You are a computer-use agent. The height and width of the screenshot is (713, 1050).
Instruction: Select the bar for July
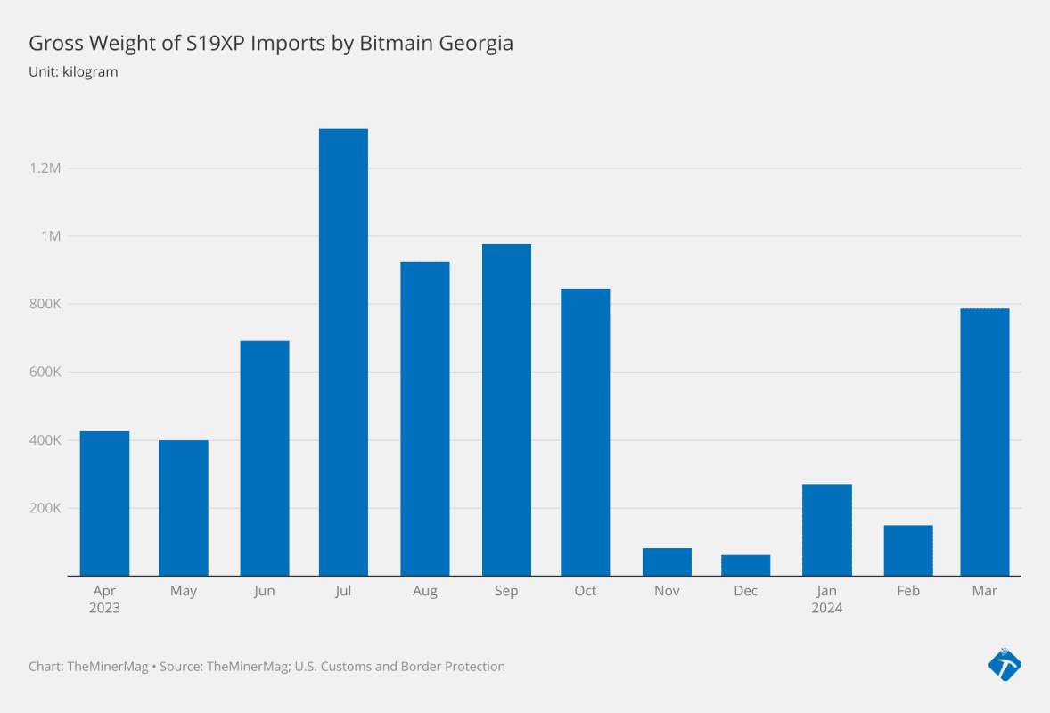pos(343,352)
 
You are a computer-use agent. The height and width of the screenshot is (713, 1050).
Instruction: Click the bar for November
pos(667,561)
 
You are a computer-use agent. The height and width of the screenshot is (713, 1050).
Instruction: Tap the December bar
pos(745,565)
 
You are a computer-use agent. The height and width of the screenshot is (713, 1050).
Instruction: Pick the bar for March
pos(985,442)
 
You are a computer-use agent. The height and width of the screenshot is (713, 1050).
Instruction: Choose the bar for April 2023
pos(104,504)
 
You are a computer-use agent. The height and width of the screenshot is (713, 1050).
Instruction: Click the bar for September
pos(506,410)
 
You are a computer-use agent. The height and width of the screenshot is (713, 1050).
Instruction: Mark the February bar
pos(908,551)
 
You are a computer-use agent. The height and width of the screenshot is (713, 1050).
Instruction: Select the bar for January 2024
pos(826,530)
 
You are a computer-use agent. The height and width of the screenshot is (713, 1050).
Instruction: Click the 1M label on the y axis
pos(49,236)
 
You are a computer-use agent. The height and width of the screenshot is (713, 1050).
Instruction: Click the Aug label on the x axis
pos(425,592)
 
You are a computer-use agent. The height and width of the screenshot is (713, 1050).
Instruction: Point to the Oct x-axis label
pos(586,592)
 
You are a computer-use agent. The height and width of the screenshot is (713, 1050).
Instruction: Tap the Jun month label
pos(264,592)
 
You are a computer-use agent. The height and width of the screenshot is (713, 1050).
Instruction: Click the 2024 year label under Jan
pos(826,609)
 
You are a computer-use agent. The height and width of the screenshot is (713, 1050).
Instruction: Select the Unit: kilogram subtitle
pos(73,71)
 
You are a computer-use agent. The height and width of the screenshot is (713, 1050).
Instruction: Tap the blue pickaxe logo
pos(1005,664)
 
